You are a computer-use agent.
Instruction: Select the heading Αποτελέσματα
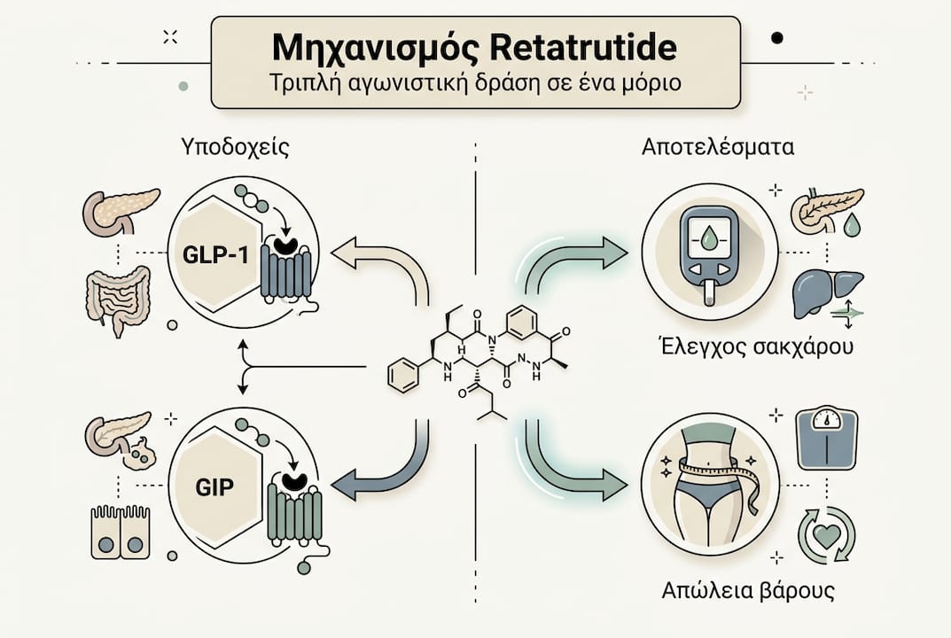coord(718,147)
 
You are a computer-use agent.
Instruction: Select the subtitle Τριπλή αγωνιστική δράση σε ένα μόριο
coord(474,87)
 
